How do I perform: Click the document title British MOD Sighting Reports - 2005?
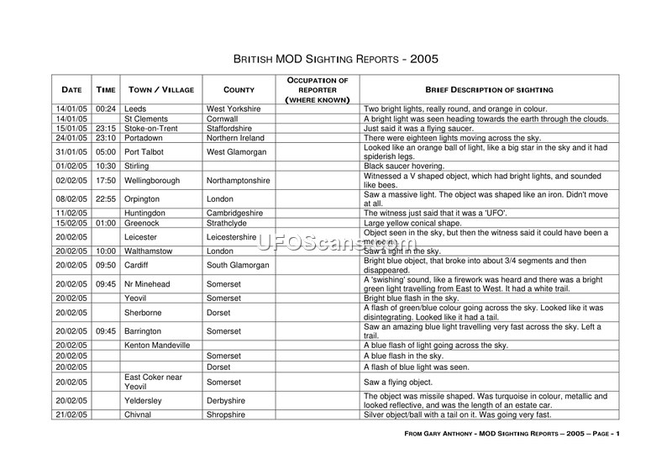(x=335, y=60)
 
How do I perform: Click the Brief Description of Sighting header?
(x=488, y=89)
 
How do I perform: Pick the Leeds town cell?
(x=135, y=109)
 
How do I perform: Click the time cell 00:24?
(x=105, y=109)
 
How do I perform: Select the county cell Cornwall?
(x=223, y=119)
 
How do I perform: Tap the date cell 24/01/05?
(x=71, y=138)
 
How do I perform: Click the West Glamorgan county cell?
(x=237, y=152)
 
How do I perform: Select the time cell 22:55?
(x=105, y=199)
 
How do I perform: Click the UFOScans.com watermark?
(x=335, y=243)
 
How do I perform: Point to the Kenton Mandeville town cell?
(x=157, y=346)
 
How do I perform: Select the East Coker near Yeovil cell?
(x=153, y=382)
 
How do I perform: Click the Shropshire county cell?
(x=226, y=414)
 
